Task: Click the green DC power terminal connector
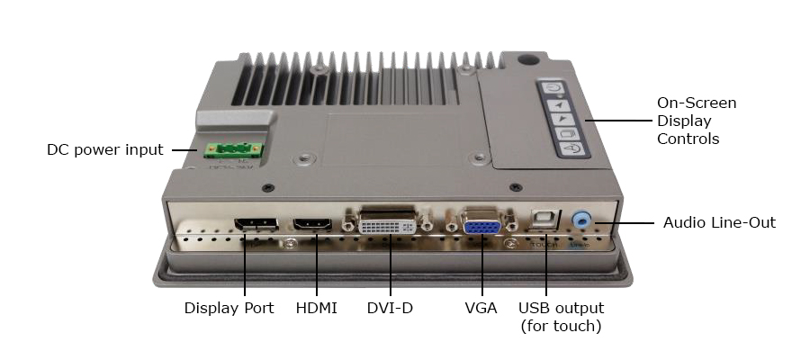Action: pyautogui.click(x=232, y=151)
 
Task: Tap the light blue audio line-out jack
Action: pyautogui.click(x=582, y=220)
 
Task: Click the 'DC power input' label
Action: pyautogui.click(x=104, y=149)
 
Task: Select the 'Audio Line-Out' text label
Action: pyautogui.click(x=719, y=222)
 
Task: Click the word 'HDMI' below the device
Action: pyautogui.click(x=316, y=309)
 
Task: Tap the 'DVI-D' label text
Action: pyautogui.click(x=390, y=309)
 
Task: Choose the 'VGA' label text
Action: pyautogui.click(x=481, y=309)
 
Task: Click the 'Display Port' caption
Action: pyautogui.click(x=229, y=309)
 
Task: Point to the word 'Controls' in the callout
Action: pyautogui.click(x=687, y=139)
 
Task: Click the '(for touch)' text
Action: pyautogui.click(x=561, y=326)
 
